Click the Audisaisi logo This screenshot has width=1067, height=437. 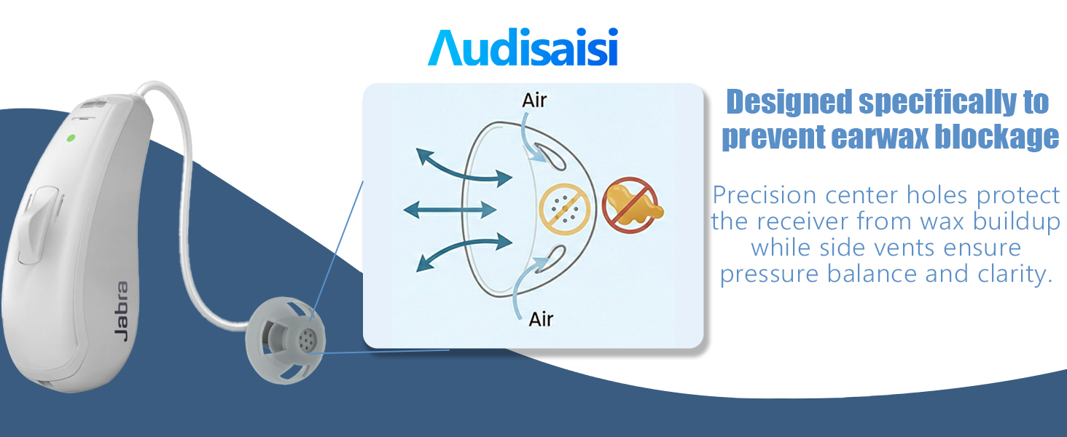point(523,47)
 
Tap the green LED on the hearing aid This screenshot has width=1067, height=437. point(71,138)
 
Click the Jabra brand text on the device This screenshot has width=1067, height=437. point(122,311)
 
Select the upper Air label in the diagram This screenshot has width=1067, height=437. point(534,101)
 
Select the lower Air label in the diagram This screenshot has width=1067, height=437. point(541,319)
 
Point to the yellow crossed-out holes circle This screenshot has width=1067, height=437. point(564,209)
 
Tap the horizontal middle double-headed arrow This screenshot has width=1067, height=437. point(450,210)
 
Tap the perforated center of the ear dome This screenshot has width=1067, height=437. point(307,340)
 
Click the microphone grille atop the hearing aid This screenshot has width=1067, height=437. point(93,103)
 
